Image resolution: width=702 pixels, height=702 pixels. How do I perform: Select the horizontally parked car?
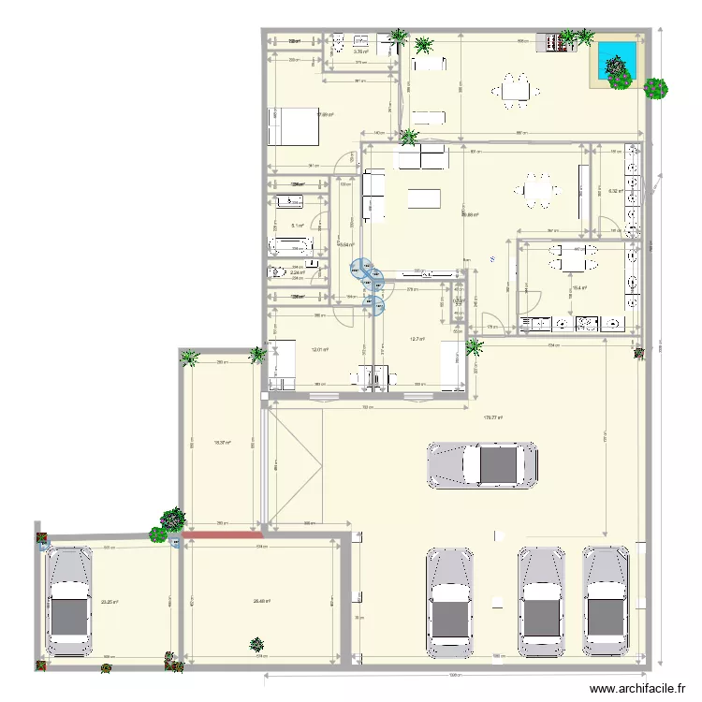pyautogui.click(x=482, y=464)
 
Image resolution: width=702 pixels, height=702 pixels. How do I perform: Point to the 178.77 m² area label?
pyautogui.click(x=492, y=418)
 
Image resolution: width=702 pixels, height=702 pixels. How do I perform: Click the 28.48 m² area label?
pyautogui.click(x=261, y=601)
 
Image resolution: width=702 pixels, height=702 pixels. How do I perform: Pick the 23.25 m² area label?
pyautogui.click(x=107, y=602)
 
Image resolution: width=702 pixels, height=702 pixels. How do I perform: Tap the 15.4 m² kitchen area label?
pyautogui.click(x=579, y=288)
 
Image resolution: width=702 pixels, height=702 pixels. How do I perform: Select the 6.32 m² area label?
pyautogui.click(x=616, y=191)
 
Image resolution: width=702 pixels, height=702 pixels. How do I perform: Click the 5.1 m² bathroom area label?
pyautogui.click(x=296, y=226)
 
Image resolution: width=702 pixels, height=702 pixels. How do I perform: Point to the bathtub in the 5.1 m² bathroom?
pyautogui.click(x=291, y=247)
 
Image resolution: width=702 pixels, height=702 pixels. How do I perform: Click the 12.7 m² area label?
pyautogui.click(x=417, y=339)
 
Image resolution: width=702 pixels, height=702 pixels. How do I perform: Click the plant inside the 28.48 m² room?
pyautogui.click(x=256, y=644)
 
